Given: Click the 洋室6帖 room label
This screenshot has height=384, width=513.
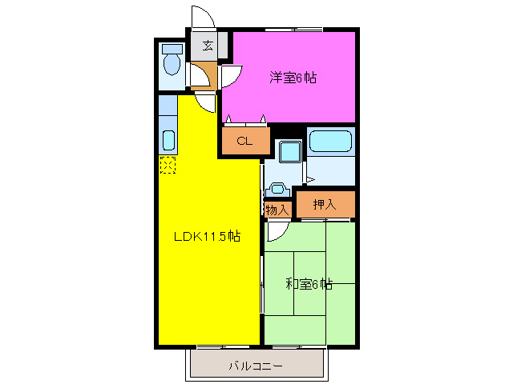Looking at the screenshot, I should coord(292,78).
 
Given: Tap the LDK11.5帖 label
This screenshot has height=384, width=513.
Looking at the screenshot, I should coord(207,237).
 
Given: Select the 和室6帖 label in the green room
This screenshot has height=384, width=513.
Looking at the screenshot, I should coord(309,283).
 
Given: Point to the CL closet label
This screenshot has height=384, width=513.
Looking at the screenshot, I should coord(244,142).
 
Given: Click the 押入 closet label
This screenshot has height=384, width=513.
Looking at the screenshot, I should coord(324,205).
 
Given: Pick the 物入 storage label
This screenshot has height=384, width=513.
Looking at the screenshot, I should coord(277,210).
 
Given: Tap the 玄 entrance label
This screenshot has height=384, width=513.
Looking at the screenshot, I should coord(208,46).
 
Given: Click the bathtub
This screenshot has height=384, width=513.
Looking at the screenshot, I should coord(330,142).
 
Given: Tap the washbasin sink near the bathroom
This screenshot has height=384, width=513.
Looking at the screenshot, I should coord(278,190).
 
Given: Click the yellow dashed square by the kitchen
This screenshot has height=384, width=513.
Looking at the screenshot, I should coord(168,165).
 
